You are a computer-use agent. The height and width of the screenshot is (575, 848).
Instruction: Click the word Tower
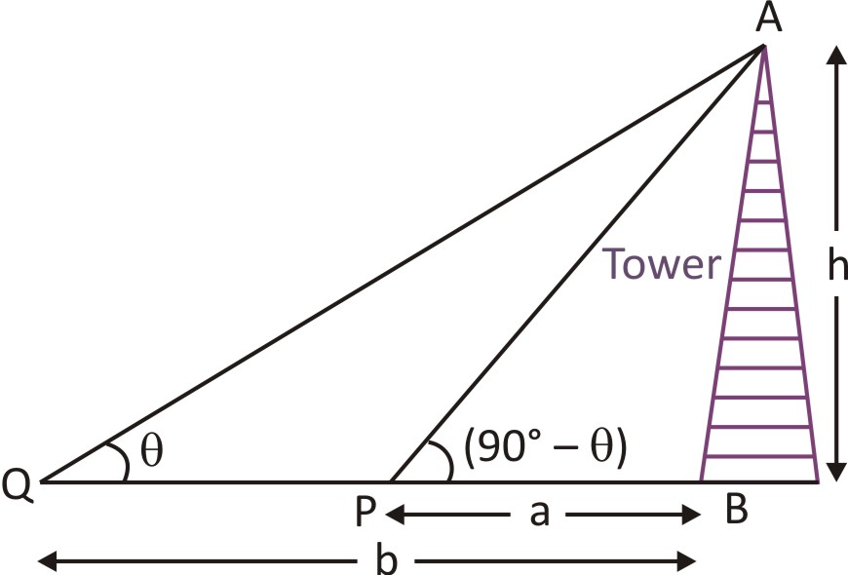(662, 265)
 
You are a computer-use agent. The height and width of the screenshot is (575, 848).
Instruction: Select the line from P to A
(575, 263)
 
